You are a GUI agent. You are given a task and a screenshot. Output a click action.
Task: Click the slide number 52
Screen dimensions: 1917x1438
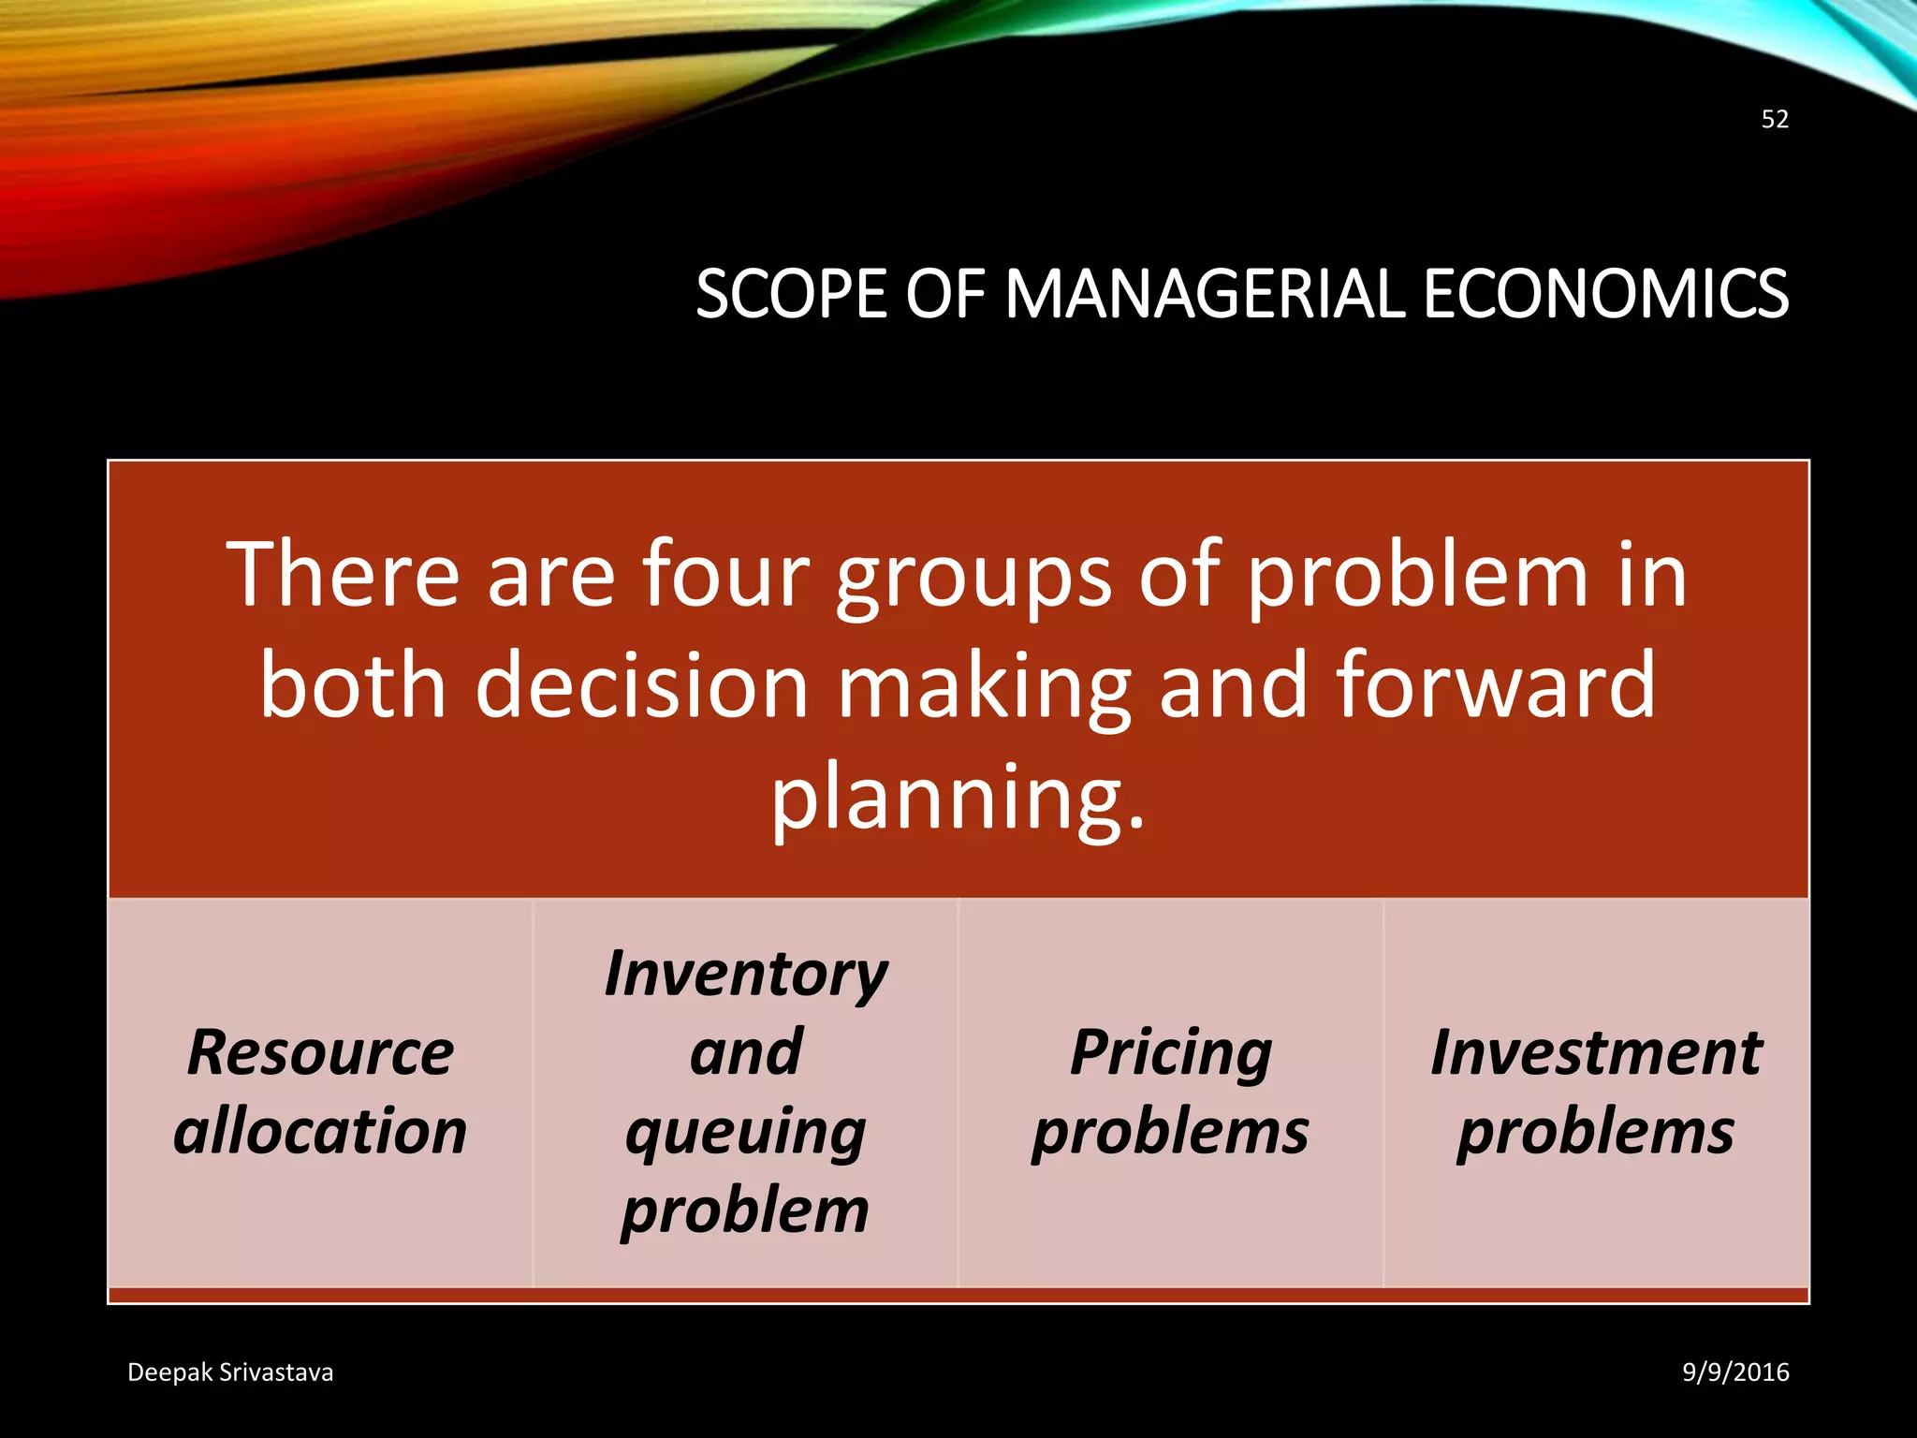[x=1775, y=119]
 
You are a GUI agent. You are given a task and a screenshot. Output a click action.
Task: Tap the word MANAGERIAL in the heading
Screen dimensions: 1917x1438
[x=1206, y=294]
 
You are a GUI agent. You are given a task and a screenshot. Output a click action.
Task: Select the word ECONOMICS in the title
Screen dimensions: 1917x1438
[x=1605, y=294]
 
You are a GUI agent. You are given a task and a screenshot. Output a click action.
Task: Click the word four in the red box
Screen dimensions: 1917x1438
[x=725, y=575]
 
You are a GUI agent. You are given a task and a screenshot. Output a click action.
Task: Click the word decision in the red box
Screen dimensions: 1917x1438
[x=641, y=685]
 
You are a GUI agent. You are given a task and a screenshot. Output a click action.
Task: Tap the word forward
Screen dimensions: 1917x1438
[x=1496, y=685]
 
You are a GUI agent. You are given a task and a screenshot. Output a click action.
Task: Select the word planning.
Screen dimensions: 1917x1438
[x=957, y=799]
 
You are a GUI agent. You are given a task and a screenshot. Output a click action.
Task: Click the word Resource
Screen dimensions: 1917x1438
[x=320, y=1052]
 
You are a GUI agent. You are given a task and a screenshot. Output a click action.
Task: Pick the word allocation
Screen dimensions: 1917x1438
[x=320, y=1131]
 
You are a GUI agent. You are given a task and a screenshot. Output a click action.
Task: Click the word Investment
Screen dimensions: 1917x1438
[x=1597, y=1052]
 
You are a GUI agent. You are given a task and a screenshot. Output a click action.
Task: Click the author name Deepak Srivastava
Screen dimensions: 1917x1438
[x=230, y=1372]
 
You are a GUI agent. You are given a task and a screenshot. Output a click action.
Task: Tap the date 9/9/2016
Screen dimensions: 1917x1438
[x=1735, y=1372]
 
